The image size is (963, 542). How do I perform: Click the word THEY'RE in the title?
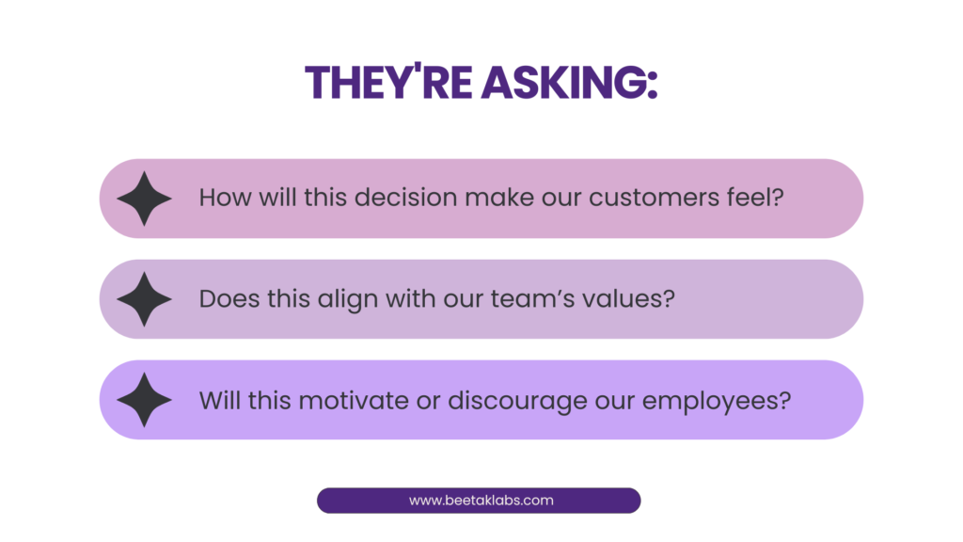(388, 81)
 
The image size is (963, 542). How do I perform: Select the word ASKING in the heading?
(562, 83)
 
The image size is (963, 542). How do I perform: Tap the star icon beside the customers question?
(144, 199)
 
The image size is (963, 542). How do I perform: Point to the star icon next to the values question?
(144, 299)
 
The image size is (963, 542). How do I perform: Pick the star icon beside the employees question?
(144, 400)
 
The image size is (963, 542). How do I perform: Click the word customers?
(654, 198)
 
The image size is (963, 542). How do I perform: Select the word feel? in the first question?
(755, 197)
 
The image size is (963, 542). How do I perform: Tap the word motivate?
(354, 401)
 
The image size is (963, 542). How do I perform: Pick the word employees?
(717, 402)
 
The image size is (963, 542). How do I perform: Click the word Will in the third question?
(220, 401)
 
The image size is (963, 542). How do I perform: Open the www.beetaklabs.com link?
(481, 501)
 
